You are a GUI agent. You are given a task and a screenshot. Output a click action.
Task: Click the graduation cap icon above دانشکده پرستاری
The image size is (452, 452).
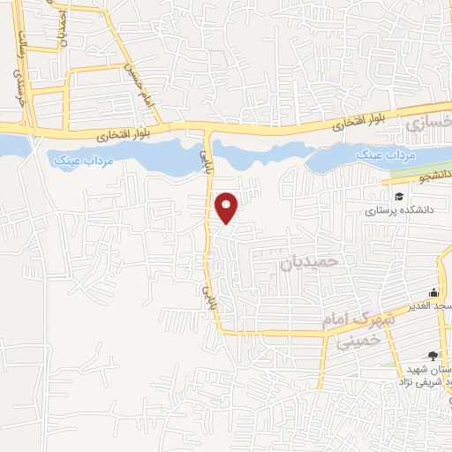pos(398,197)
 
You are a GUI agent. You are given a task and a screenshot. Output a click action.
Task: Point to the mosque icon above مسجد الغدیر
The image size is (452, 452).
pos(433,293)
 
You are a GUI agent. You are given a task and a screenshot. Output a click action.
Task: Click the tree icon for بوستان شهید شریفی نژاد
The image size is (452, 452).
pos(432,355)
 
